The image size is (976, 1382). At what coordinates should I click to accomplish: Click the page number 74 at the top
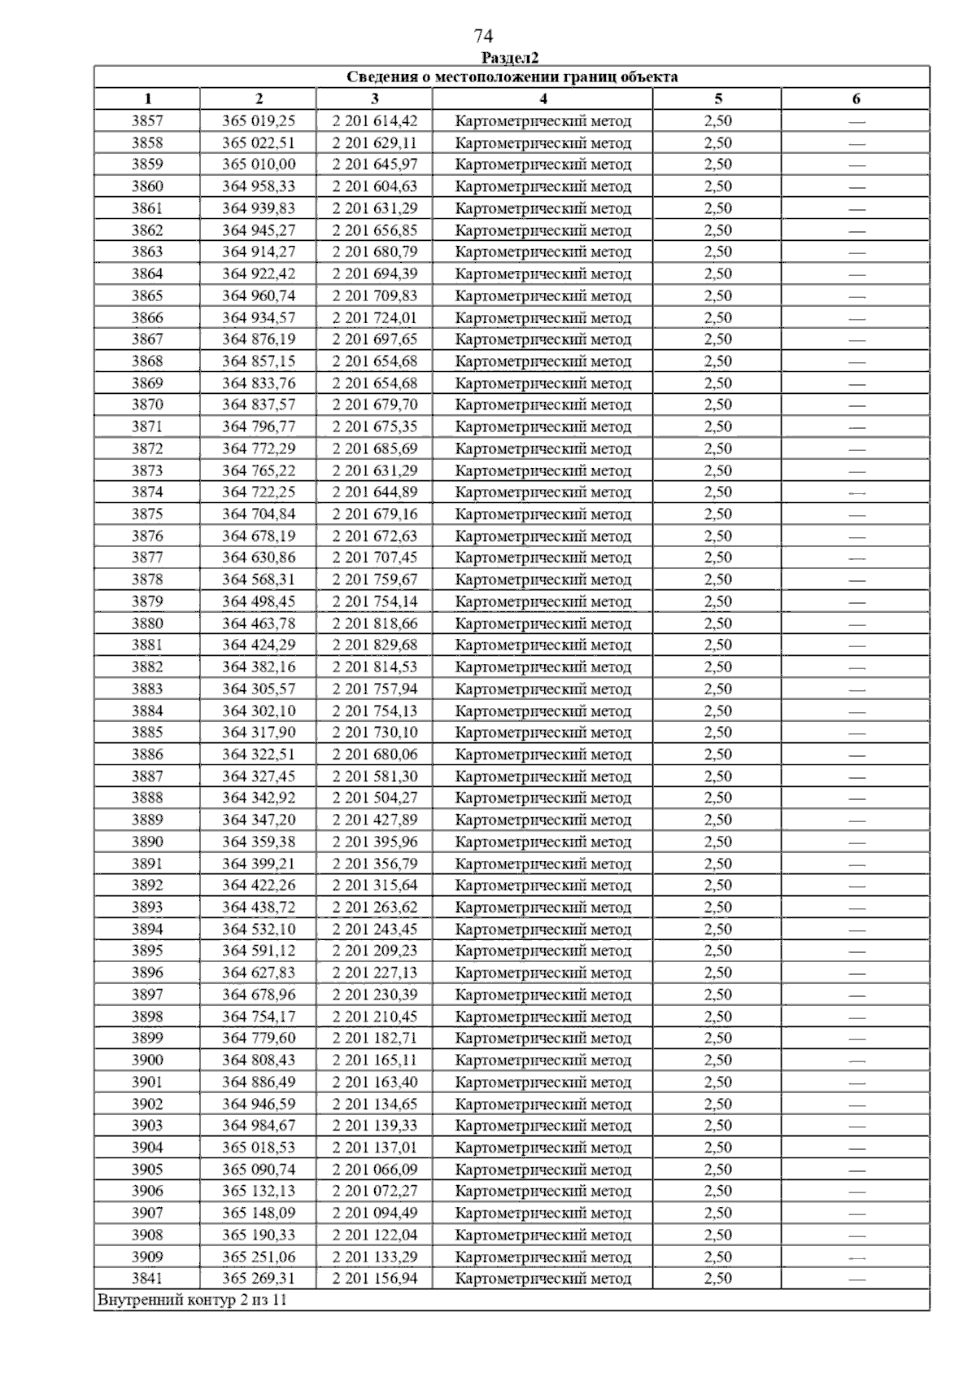(x=483, y=37)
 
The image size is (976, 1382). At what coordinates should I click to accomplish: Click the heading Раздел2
(x=510, y=58)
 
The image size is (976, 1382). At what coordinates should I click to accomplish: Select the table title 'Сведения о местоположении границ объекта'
(x=512, y=77)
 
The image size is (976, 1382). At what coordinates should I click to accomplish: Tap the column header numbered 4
(x=542, y=99)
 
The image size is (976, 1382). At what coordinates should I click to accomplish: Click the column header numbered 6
(x=856, y=99)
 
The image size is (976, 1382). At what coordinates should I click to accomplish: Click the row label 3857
(x=147, y=121)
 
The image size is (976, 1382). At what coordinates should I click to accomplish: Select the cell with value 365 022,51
(x=259, y=143)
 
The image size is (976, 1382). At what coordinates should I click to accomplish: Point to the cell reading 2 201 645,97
(x=374, y=164)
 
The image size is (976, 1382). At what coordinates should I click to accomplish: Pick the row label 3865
(x=147, y=295)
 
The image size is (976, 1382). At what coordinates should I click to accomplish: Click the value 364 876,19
(x=259, y=339)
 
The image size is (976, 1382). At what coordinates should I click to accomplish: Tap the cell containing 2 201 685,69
(x=374, y=448)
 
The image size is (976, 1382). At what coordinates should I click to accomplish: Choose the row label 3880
(x=147, y=623)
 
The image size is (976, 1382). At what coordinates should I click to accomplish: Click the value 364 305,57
(x=259, y=689)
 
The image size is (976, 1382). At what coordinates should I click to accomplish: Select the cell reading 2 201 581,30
(x=374, y=776)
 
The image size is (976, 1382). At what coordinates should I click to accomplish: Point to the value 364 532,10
(x=259, y=929)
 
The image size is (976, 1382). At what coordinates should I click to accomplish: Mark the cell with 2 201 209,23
(x=374, y=951)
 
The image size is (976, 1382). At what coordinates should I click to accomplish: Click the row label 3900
(x=147, y=1060)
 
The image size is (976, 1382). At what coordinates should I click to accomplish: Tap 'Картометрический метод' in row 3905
(x=542, y=1170)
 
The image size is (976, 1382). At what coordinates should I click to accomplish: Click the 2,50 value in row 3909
(x=717, y=1257)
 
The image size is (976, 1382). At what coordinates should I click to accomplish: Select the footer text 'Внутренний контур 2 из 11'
(x=192, y=1300)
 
